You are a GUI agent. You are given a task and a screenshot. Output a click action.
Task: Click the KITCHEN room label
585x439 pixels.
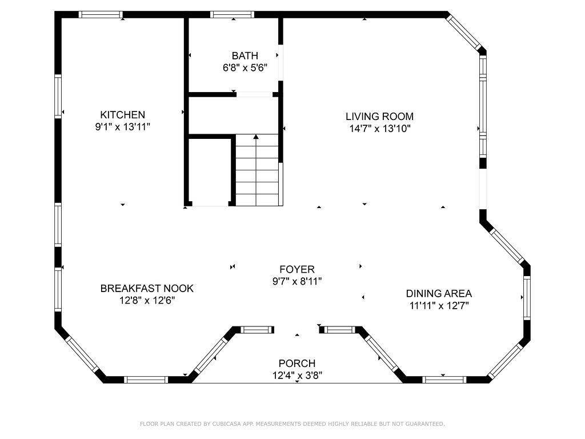(122, 114)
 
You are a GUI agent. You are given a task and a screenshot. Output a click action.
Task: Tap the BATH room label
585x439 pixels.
(245, 55)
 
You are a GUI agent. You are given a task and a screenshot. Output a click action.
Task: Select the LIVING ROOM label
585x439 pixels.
(379, 117)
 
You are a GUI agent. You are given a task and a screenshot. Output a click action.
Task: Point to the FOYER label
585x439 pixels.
(297, 269)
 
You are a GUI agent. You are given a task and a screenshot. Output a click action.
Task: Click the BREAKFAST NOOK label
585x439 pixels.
(147, 288)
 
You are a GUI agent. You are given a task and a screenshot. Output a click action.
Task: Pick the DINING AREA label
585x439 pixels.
(439, 293)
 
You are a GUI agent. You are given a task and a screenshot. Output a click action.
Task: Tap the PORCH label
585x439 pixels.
(297, 363)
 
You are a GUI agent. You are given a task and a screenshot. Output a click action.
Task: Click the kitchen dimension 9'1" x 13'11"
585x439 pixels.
(123, 127)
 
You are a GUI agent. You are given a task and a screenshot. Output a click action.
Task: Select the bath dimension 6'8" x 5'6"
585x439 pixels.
(245, 68)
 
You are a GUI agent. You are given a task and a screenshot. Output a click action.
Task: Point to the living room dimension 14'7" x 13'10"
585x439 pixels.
(380, 129)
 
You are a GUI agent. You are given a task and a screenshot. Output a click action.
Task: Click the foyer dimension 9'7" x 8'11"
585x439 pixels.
(297, 281)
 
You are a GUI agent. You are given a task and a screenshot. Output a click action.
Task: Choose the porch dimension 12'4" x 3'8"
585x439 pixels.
(297, 375)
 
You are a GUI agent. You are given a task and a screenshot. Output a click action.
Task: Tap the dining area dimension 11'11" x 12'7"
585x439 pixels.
(439, 306)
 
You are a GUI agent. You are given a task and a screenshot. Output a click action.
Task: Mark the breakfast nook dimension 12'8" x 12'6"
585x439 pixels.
(147, 300)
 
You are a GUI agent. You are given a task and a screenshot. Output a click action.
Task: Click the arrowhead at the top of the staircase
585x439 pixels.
(256, 137)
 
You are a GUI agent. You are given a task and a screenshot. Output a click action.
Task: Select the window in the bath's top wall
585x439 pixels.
(232, 14)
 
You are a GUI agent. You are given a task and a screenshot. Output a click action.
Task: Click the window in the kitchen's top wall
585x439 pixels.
(101, 14)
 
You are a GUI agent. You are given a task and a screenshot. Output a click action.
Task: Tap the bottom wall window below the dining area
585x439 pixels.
(444, 380)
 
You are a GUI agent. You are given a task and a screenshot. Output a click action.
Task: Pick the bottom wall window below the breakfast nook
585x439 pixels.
(146, 380)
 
